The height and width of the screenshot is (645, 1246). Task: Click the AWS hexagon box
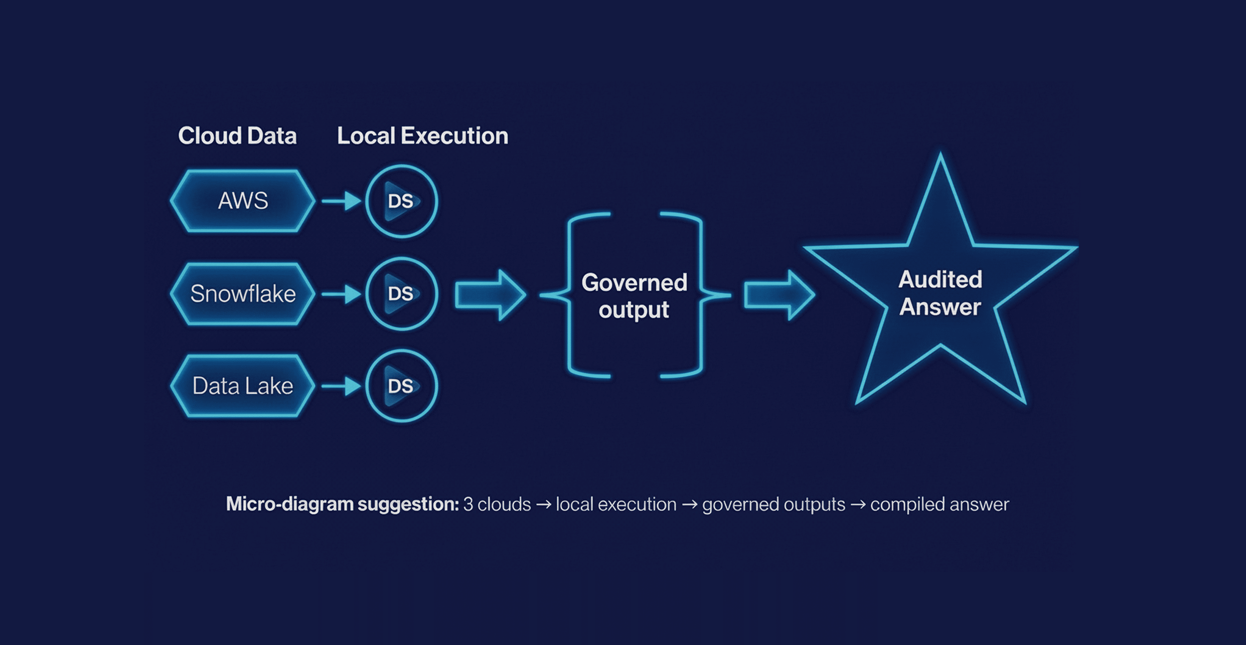click(243, 201)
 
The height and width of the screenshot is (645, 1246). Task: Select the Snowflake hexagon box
click(243, 294)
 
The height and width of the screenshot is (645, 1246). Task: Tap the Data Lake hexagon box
click(243, 386)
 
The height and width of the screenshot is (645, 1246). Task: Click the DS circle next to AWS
click(401, 201)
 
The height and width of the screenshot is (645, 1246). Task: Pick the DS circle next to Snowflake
click(401, 294)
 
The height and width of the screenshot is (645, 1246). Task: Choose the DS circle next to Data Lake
click(401, 386)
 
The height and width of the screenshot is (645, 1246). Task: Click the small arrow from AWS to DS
click(341, 201)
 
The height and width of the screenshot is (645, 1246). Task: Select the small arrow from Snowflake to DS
click(341, 294)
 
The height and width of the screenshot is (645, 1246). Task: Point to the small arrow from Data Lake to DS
click(341, 386)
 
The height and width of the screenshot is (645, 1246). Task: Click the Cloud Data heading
click(237, 136)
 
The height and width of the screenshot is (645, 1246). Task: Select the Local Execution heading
click(423, 136)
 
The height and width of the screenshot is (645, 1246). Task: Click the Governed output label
click(634, 296)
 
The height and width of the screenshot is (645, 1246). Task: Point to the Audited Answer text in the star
click(940, 293)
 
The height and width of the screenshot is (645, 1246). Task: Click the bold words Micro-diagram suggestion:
click(342, 504)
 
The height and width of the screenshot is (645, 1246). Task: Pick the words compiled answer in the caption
click(939, 504)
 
